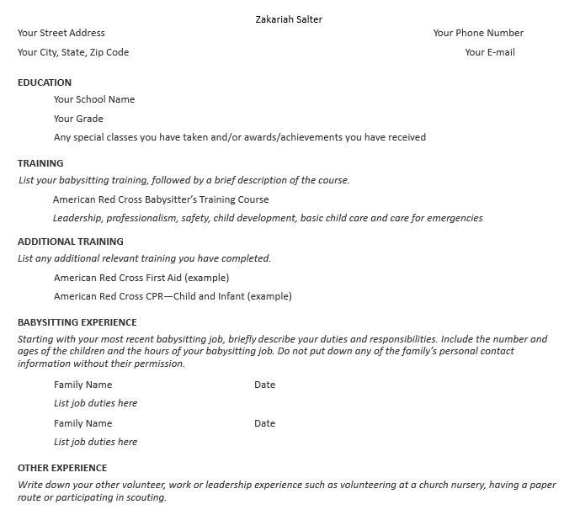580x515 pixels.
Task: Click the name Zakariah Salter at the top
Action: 289,19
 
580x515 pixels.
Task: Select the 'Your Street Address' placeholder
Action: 61,33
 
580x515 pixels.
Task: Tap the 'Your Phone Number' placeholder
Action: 478,33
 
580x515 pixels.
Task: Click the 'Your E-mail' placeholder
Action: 489,52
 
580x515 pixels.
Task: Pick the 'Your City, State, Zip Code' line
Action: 73,52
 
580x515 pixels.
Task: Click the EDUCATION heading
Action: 45,82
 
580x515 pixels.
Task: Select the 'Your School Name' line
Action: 94,99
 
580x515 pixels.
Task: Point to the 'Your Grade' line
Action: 78,119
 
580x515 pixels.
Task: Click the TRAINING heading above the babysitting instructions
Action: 40,163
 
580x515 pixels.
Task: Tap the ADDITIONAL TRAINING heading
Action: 71,242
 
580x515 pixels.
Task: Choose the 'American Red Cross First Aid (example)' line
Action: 141,277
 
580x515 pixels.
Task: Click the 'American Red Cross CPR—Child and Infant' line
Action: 173,296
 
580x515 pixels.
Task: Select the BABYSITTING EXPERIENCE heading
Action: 77,322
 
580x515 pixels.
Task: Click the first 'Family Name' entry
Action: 82,385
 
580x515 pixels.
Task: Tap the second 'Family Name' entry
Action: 82,423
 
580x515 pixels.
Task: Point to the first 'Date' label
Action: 264,385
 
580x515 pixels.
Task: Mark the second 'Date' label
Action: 264,423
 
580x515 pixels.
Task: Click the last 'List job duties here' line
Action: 95,442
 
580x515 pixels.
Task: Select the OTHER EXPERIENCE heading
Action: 62,468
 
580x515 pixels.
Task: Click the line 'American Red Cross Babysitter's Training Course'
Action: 161,199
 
